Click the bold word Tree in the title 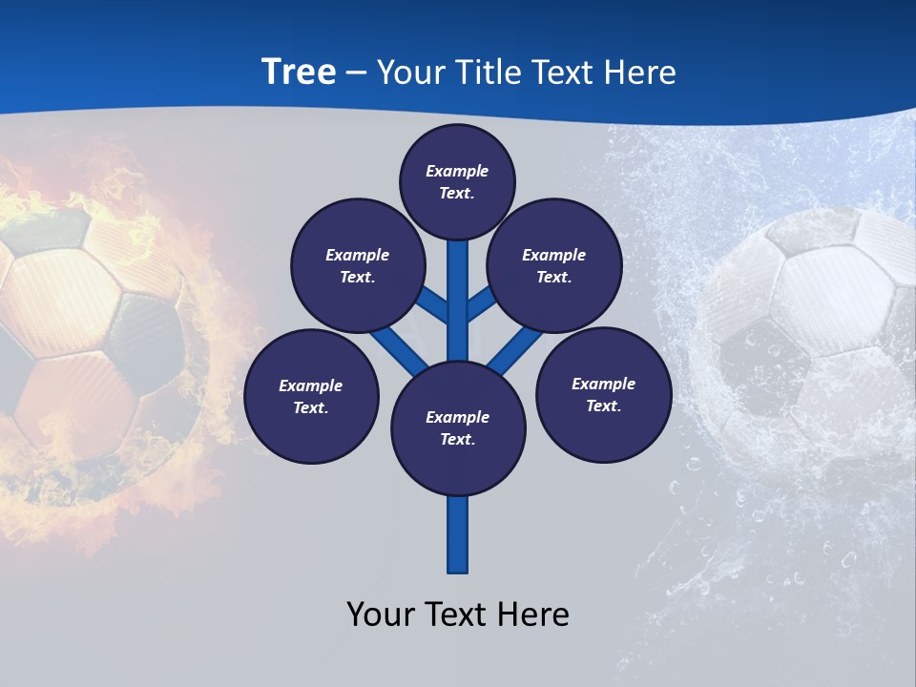coord(299,73)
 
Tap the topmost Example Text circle coord(457,181)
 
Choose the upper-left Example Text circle coord(357,266)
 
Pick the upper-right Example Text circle coord(553,266)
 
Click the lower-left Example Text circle coord(311,396)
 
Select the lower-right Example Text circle coord(603,394)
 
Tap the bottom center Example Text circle coord(458,428)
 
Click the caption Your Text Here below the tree coord(458,614)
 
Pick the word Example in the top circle coord(457,171)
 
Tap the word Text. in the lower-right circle coord(603,406)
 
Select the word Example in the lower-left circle coord(311,385)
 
